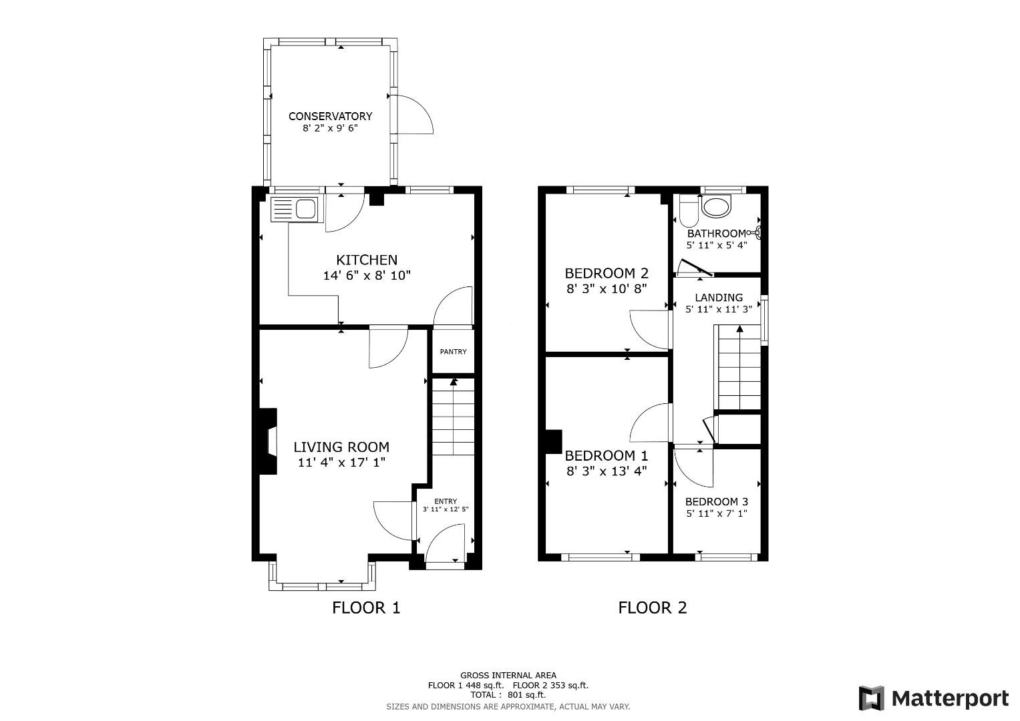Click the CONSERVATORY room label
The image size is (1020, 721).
(x=330, y=116)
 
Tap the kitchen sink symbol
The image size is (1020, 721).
(x=296, y=210)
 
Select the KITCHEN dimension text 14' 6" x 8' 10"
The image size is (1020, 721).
(x=367, y=275)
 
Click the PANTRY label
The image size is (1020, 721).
(x=453, y=352)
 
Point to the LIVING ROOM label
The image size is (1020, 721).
(x=341, y=447)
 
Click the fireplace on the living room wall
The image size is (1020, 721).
(x=269, y=441)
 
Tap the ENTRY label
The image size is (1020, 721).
(x=446, y=501)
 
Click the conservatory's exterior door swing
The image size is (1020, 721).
(x=413, y=115)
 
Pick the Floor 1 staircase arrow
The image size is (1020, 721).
(x=454, y=383)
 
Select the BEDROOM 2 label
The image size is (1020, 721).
(x=607, y=273)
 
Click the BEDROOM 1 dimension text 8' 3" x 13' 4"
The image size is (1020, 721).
(x=607, y=471)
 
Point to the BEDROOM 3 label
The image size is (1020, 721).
(x=716, y=501)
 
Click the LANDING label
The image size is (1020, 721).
(x=718, y=298)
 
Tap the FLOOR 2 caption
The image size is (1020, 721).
(x=652, y=608)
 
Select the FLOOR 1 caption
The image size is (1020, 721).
(x=366, y=608)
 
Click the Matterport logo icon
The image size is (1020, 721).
(x=872, y=698)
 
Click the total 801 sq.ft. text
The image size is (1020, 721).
(x=508, y=694)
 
